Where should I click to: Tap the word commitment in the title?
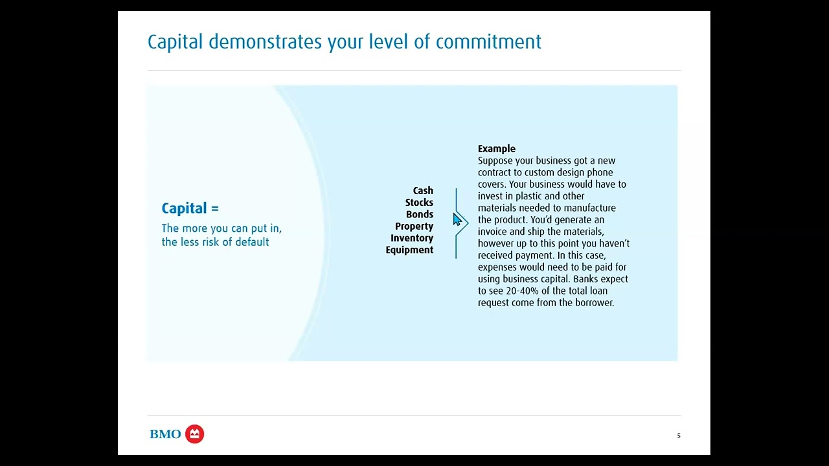(x=488, y=42)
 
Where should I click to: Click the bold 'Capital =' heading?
(x=190, y=208)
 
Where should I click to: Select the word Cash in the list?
(x=423, y=191)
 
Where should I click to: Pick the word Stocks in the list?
(x=419, y=203)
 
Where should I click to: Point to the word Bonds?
(x=420, y=214)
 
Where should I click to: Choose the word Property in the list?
(x=414, y=227)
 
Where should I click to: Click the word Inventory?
(x=412, y=238)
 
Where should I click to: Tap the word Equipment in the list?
(x=409, y=250)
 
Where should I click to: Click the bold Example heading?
(x=497, y=149)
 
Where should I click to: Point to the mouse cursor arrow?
(x=457, y=220)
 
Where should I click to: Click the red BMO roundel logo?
(x=194, y=434)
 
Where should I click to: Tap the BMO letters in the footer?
(x=165, y=434)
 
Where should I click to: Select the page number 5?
(x=679, y=436)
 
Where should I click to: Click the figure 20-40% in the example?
(x=523, y=291)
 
